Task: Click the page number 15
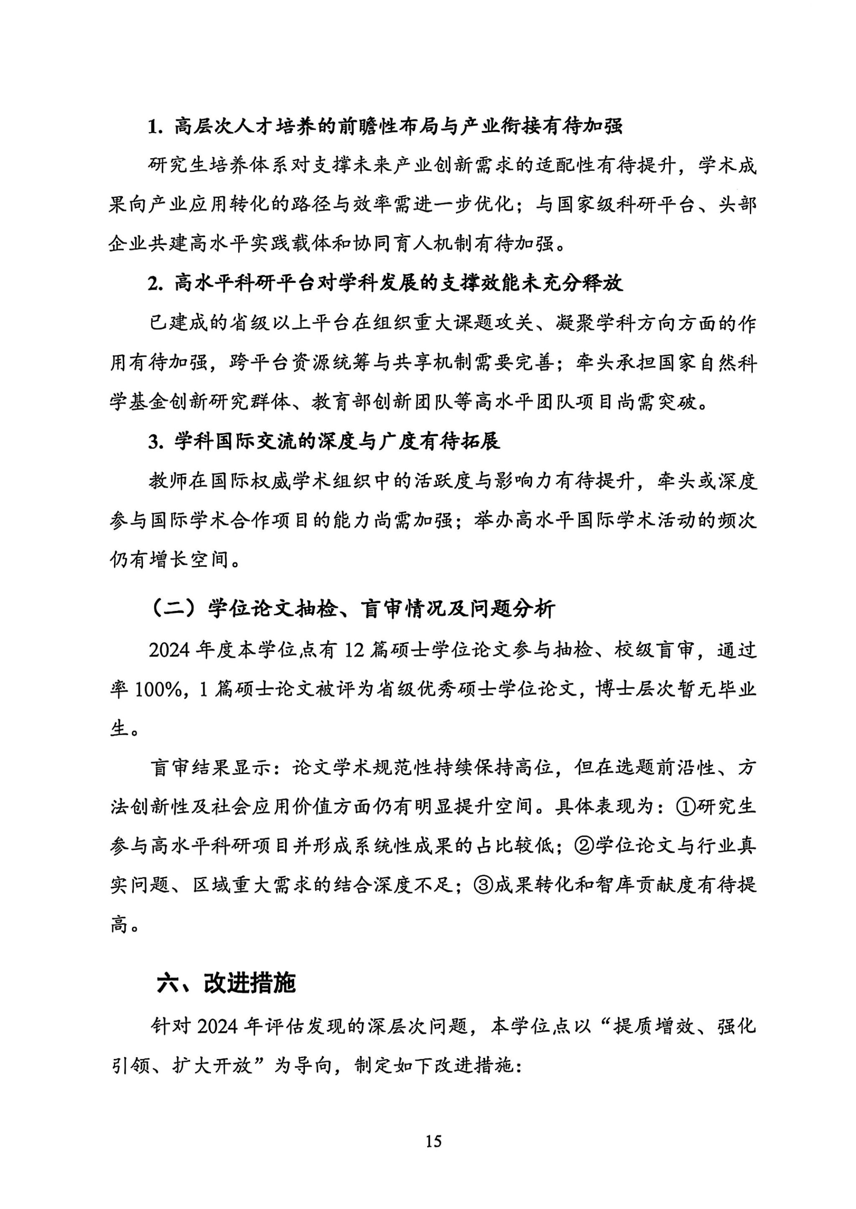[x=433, y=1141]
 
